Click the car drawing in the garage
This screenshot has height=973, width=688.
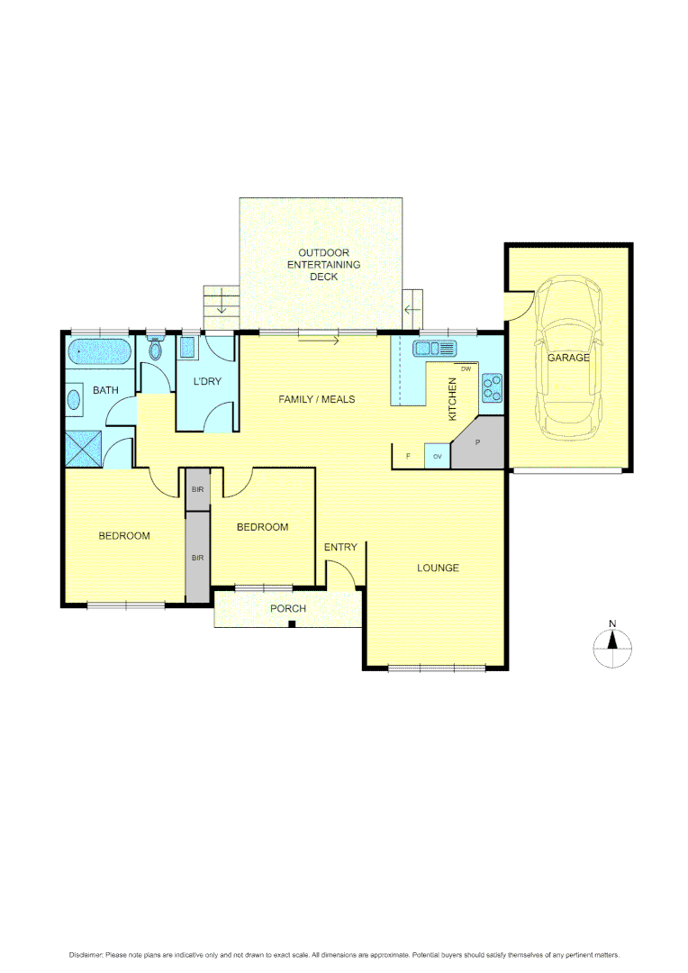tap(567, 356)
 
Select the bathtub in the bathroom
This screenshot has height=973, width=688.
tap(98, 350)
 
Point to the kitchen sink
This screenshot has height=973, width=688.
tap(436, 348)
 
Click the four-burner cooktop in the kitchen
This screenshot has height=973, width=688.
tap(492, 386)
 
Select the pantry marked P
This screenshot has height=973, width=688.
tap(478, 444)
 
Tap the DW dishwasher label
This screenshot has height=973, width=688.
tap(466, 369)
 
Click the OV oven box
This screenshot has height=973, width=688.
tap(438, 457)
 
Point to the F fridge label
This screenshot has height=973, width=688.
tap(408, 457)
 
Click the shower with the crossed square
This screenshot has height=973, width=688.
tap(85, 448)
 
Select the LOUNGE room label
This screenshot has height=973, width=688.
tap(438, 568)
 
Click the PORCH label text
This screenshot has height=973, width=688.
tap(288, 608)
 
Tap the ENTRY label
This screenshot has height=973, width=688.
tap(340, 547)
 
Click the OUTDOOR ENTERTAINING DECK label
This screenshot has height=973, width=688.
tap(323, 265)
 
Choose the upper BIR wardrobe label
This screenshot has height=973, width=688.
tap(196, 490)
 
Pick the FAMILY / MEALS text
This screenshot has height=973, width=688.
tap(316, 399)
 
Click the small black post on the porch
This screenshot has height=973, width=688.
tap(291, 623)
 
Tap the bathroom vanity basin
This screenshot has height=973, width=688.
tap(73, 399)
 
